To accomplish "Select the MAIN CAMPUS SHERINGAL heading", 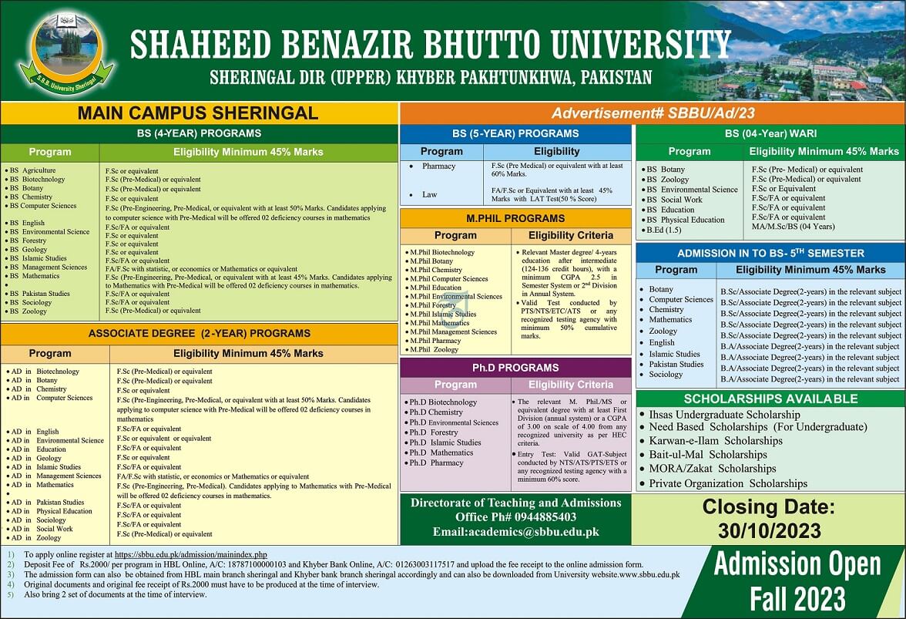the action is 198,113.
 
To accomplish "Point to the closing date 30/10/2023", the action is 767,531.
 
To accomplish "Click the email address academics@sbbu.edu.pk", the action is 515,531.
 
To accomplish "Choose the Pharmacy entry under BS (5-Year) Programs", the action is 438,166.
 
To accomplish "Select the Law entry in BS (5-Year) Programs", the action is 429,194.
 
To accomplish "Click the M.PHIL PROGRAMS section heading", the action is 515,218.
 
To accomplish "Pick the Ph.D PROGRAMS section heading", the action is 515,368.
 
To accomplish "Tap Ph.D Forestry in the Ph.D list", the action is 433,432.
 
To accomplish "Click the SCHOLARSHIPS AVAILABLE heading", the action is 770,399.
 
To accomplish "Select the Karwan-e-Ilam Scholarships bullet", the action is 715,441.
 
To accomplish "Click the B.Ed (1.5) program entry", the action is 663,230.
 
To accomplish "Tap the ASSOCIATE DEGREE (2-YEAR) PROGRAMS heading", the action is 199,334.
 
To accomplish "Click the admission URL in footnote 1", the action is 190,554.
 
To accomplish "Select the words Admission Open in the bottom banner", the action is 797,565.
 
